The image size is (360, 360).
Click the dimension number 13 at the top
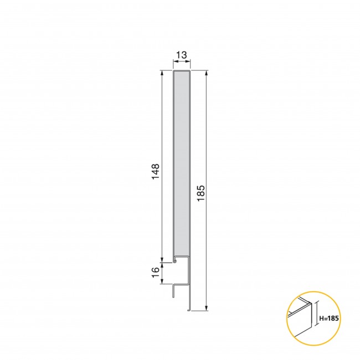tap(181, 55)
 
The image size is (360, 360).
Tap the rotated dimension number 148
tap(156, 172)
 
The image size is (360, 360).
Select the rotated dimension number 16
tap(156, 272)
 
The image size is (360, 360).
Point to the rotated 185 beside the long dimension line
tap(200, 193)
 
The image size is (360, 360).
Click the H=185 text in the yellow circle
tap(329, 318)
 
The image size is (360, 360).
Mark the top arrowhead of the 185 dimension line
tap(207, 73)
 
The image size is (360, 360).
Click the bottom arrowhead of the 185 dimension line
tap(207, 308)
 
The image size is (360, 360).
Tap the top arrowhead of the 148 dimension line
tap(162, 73)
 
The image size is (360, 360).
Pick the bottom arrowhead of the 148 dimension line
tap(162, 260)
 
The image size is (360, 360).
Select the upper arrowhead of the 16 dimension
tap(162, 265)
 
